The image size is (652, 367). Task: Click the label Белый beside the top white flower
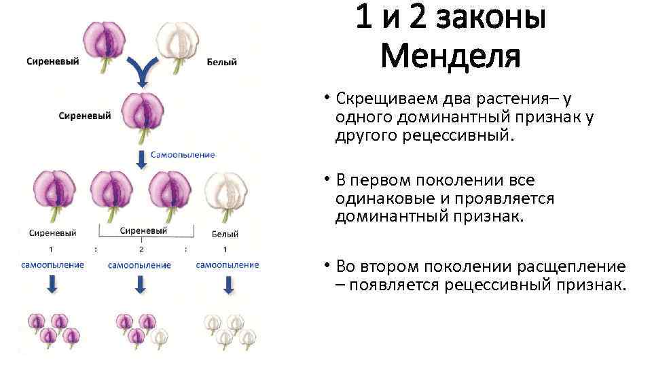(x=221, y=63)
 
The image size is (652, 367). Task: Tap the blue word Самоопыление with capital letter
(x=182, y=154)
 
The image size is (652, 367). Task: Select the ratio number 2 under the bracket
(x=141, y=249)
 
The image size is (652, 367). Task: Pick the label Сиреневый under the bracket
(x=143, y=231)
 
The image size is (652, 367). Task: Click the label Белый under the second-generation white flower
(x=225, y=234)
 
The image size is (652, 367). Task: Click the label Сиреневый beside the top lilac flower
(x=52, y=61)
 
